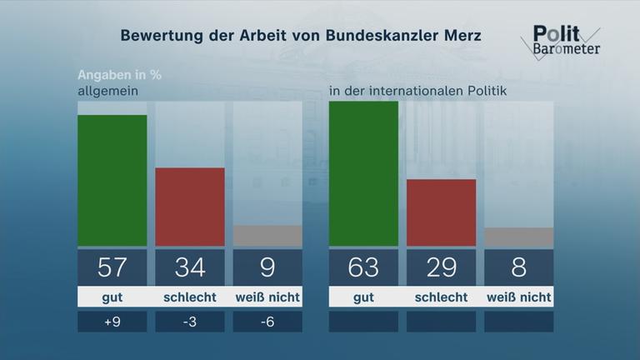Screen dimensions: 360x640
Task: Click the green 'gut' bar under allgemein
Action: [x=112, y=181]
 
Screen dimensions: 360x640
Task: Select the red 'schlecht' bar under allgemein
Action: [x=190, y=207]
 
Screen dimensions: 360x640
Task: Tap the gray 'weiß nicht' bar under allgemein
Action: [x=267, y=236]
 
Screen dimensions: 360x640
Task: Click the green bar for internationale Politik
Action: [x=363, y=173]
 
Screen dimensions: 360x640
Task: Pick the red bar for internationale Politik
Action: [x=441, y=212]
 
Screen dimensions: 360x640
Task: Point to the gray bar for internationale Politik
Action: [x=518, y=237]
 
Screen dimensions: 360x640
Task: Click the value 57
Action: [x=112, y=267]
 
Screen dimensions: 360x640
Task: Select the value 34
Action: [x=190, y=267]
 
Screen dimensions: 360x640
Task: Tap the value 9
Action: [x=267, y=267]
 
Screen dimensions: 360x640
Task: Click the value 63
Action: [x=363, y=267]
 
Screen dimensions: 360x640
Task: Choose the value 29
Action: [x=441, y=267]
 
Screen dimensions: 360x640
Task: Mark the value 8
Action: [x=518, y=267]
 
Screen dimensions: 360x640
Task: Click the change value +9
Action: [x=112, y=322]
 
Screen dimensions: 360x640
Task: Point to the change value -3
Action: [x=190, y=322]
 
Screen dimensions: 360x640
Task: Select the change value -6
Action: [x=267, y=322]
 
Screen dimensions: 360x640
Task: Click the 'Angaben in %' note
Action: [x=119, y=74]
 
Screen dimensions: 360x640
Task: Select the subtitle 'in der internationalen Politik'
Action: [x=418, y=90]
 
